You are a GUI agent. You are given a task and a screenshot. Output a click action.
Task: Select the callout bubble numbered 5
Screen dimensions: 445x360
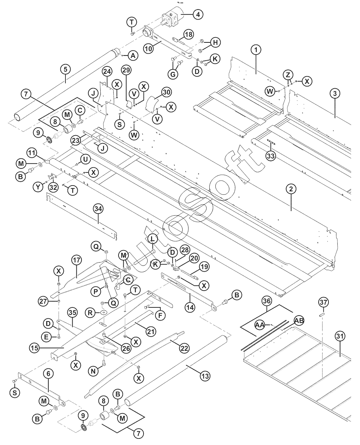pos(65,69)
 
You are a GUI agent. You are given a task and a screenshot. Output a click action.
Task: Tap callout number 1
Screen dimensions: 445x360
pos(255,50)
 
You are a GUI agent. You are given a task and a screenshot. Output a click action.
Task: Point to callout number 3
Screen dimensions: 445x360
pos(335,93)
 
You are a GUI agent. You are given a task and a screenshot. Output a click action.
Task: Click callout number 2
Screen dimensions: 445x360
pos(291,189)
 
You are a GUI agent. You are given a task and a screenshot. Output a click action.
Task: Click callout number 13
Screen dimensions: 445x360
pos(205,376)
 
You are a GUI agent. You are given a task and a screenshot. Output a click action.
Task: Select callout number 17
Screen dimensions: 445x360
pos(76,260)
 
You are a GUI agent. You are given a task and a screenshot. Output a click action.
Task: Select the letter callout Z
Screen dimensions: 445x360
pos(288,75)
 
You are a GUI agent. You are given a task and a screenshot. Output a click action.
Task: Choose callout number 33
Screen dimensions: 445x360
pos(271,156)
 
